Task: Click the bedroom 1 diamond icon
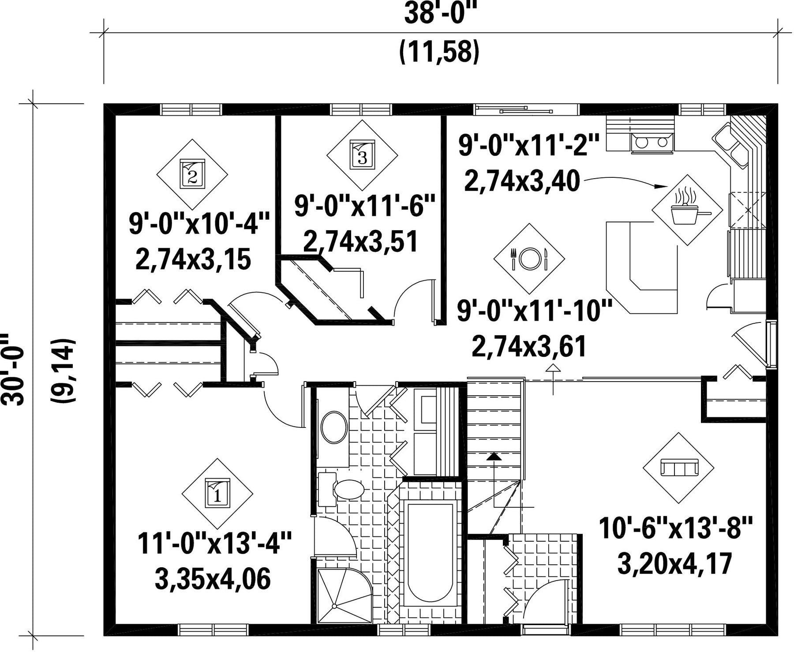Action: tap(217, 494)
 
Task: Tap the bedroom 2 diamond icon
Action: tap(192, 174)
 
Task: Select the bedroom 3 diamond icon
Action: tap(362, 155)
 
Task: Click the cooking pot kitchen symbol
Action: tap(687, 210)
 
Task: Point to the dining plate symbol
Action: tap(528, 259)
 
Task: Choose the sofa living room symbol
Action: tap(678, 468)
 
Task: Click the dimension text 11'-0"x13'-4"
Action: tap(214, 543)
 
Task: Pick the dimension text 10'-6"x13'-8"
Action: tap(675, 528)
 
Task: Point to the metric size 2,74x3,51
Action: tap(360, 242)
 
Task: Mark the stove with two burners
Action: tap(652, 142)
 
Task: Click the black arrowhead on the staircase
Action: tap(494, 457)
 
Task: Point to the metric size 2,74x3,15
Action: tap(193, 259)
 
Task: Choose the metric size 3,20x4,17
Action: tap(675, 563)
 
